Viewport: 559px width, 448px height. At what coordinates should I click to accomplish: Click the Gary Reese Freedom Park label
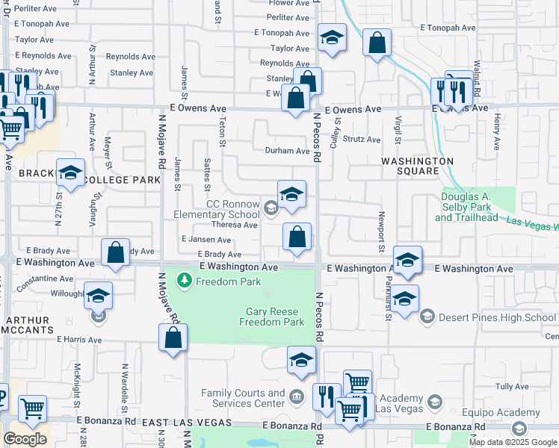tap(272, 317)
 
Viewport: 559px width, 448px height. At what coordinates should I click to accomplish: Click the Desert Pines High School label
tap(498, 317)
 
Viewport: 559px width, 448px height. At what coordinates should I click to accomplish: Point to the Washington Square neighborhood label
tap(417, 166)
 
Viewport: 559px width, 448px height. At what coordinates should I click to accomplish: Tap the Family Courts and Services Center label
tap(243, 398)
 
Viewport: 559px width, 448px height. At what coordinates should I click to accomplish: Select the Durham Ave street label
tap(287, 151)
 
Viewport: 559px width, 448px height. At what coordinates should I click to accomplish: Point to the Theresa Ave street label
tap(234, 225)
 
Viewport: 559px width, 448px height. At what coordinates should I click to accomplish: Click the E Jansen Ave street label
tap(206, 240)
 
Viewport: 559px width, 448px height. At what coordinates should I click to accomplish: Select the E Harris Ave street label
tap(79, 339)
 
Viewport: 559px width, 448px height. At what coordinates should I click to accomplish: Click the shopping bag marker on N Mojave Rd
tap(173, 337)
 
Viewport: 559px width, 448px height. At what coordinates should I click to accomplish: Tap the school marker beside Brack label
tap(70, 173)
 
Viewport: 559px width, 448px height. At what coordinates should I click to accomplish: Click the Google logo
tap(25, 439)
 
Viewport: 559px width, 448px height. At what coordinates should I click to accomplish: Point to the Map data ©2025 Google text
tap(513, 442)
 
